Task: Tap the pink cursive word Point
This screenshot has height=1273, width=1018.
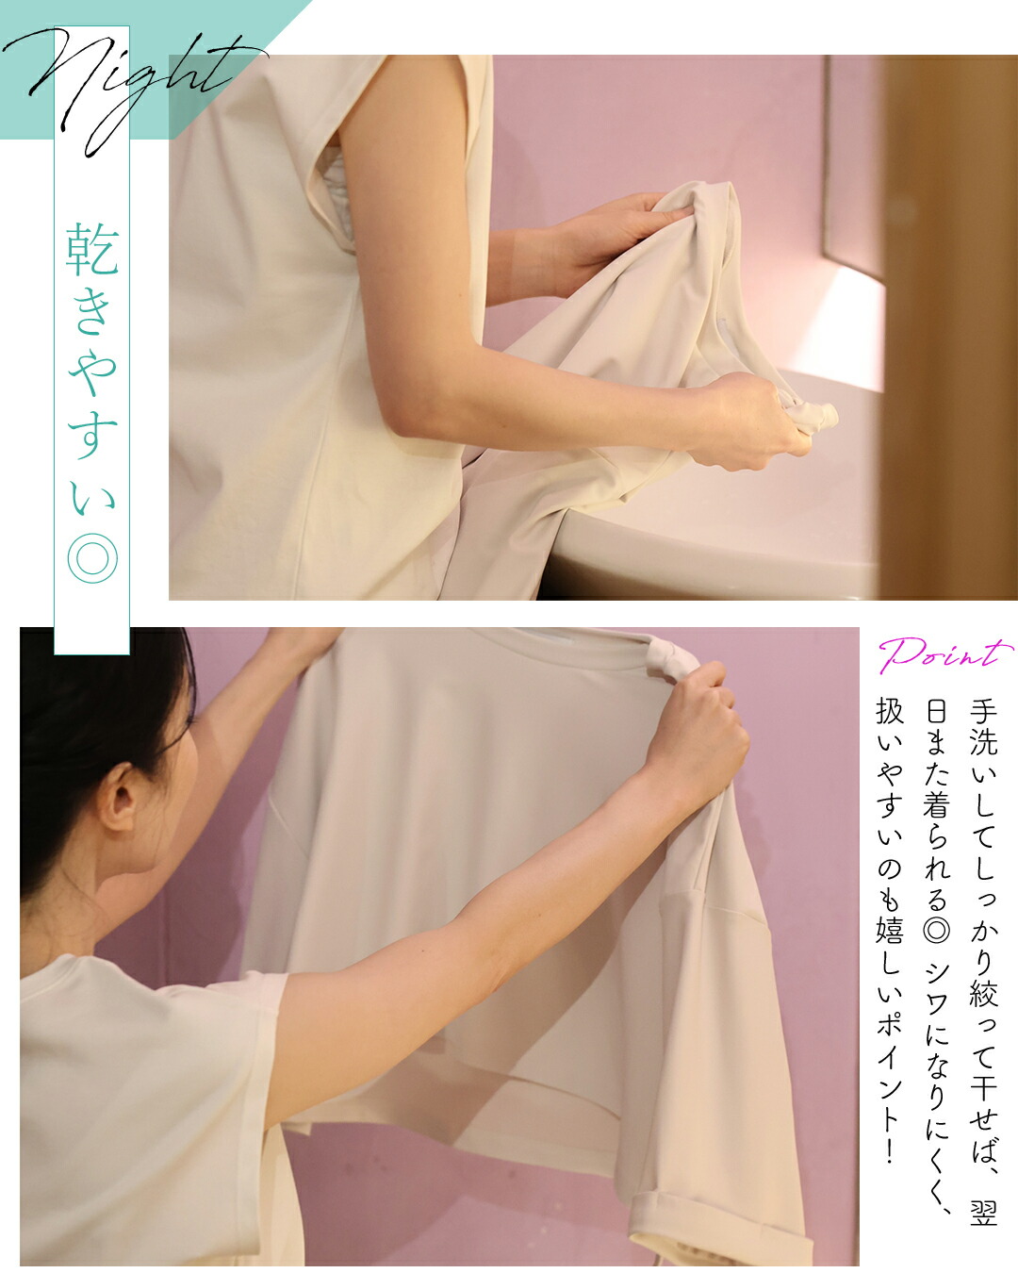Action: coord(944,654)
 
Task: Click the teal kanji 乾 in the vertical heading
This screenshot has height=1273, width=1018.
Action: coord(92,249)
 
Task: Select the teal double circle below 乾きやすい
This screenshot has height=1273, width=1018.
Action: coord(92,558)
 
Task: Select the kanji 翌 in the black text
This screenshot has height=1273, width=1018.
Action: coord(983,1213)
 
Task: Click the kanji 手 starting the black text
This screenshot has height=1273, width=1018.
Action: coord(983,712)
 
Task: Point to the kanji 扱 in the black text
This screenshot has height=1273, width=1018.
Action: coord(889,711)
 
